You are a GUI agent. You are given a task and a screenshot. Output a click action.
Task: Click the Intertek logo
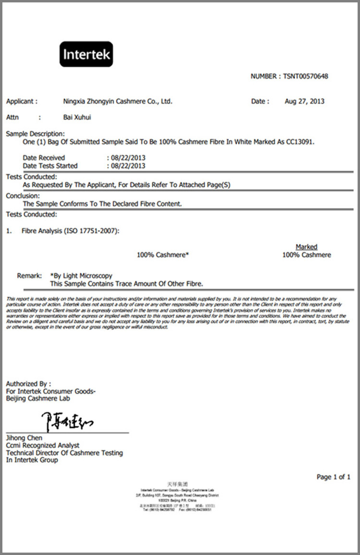click(86, 54)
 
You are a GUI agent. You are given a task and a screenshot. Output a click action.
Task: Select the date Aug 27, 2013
click(304, 101)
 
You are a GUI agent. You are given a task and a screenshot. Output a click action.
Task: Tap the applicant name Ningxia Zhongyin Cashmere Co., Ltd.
click(118, 101)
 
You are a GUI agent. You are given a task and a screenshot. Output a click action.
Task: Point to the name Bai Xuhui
click(77, 117)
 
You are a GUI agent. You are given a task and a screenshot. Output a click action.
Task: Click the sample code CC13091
click(301, 142)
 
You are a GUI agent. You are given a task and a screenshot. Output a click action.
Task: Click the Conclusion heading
click(23, 196)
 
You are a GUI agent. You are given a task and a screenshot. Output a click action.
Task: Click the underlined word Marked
click(306, 247)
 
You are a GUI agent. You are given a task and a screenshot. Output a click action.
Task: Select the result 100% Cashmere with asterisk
click(163, 255)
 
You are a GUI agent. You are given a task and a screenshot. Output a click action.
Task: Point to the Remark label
click(30, 276)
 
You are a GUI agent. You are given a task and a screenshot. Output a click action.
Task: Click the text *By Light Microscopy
click(81, 276)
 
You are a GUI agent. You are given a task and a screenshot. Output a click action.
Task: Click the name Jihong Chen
click(24, 438)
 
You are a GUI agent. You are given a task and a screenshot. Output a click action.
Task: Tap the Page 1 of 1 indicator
click(333, 477)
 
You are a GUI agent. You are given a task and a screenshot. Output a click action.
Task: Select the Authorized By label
click(28, 384)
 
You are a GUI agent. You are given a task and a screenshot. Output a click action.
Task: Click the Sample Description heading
click(35, 134)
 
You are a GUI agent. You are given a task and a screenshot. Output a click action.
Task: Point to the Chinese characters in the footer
click(177, 484)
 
